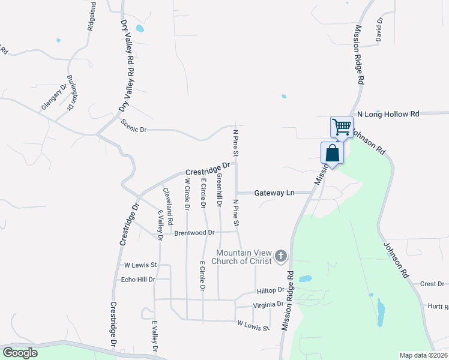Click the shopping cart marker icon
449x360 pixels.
point(342,127)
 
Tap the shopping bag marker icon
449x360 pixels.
point(332,153)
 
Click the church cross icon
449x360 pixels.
point(280,256)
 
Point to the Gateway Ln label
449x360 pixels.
point(274,193)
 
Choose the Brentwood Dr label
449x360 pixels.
point(194,232)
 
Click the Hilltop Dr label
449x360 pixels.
point(270,290)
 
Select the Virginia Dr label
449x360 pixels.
point(268,304)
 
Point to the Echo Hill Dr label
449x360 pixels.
point(138,280)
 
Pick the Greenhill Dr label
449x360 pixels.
point(220,190)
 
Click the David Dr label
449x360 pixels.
point(379,29)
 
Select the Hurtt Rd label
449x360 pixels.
point(438,306)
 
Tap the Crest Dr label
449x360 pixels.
point(432,284)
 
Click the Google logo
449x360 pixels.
point(20,353)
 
